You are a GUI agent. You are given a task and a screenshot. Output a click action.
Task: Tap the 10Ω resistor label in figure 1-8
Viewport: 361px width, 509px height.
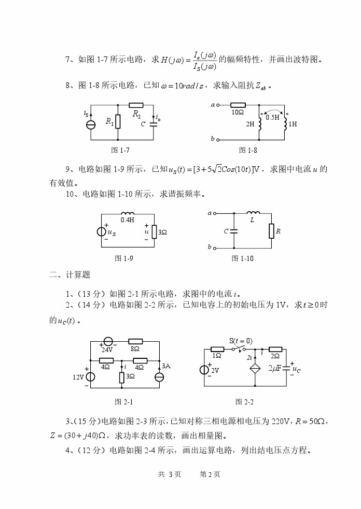pyautogui.click(x=238, y=112)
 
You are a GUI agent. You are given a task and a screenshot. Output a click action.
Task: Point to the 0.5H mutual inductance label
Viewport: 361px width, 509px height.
pyautogui.click(x=272, y=118)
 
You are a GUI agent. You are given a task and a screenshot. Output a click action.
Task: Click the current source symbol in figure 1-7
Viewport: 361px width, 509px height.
pyautogui.click(x=90, y=125)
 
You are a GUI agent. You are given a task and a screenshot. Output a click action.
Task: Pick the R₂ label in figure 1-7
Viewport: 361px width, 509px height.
pyautogui.click(x=137, y=113)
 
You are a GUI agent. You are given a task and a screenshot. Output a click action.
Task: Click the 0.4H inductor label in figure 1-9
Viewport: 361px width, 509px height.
pyautogui.click(x=127, y=220)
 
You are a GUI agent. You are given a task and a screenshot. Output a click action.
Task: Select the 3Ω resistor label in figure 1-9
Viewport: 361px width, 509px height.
pyautogui.click(x=162, y=233)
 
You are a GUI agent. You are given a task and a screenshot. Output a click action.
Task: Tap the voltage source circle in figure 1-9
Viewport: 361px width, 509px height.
pyautogui.click(x=103, y=231)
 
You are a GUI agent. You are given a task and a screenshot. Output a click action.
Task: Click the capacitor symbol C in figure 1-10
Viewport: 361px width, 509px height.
pyautogui.click(x=234, y=231)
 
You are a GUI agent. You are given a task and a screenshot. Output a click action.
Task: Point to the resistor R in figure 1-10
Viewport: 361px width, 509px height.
pyautogui.click(x=271, y=231)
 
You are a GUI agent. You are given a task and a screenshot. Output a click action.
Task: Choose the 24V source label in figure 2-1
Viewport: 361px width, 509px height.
pyautogui.click(x=107, y=349)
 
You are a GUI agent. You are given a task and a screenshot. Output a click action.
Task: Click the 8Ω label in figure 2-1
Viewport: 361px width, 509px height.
pyautogui.click(x=135, y=349)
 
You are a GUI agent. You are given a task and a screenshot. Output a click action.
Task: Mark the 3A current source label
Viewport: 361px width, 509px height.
pyautogui.click(x=166, y=366)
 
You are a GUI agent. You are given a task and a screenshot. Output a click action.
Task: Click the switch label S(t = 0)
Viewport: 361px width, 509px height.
pyautogui.click(x=240, y=340)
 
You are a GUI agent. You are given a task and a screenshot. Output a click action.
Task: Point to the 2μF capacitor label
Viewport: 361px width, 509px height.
pyautogui.click(x=275, y=369)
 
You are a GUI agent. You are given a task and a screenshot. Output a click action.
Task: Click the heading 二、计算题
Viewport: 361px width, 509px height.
pyautogui.click(x=70, y=275)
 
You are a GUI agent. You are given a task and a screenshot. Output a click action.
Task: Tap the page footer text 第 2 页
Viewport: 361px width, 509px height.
pyautogui.click(x=210, y=474)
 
